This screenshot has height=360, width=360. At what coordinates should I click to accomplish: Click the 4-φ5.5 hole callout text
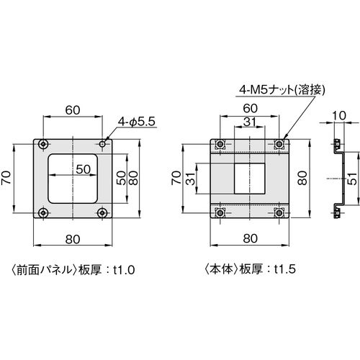137,122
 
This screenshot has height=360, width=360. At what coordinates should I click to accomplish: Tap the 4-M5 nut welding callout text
282,90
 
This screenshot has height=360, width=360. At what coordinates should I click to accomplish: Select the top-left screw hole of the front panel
43,144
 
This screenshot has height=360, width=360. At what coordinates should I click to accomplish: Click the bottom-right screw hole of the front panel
102,212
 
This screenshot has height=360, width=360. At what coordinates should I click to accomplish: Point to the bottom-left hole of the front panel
43,212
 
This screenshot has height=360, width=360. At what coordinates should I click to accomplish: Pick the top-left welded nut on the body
220,144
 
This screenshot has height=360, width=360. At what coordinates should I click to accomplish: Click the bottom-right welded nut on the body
279,212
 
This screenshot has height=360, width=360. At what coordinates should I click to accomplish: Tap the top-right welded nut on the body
279,144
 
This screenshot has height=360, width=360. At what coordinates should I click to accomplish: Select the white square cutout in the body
250,179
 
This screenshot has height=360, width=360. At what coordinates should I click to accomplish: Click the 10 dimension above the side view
339,116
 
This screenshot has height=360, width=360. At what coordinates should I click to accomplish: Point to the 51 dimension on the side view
352,179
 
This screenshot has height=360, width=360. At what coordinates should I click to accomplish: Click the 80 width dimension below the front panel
73,239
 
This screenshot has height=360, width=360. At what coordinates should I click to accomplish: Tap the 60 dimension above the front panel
73,110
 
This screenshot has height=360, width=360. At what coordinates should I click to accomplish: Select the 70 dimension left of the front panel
6,177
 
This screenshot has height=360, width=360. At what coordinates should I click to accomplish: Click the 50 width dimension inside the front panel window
84,169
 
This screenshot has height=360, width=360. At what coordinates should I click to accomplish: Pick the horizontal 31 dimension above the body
250,122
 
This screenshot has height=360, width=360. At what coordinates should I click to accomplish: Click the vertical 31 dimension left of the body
192,178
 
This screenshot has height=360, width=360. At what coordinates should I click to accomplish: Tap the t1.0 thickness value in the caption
124,270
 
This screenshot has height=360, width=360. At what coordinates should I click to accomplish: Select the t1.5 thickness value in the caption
285,269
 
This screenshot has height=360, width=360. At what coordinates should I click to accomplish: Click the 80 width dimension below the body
250,238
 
